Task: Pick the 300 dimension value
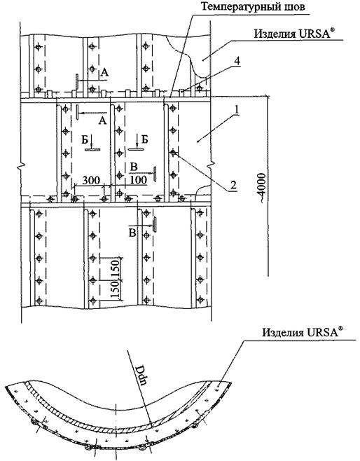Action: (91, 180)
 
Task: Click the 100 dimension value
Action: (138, 180)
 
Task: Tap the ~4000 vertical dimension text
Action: (261, 186)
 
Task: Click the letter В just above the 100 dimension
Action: (134, 167)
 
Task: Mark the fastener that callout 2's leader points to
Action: (174, 153)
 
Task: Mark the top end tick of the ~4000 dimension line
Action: (267, 95)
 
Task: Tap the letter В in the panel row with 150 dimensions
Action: (133, 233)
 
